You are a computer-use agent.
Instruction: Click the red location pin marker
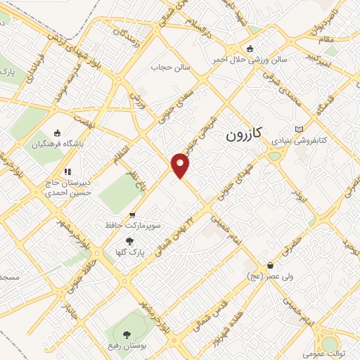181,165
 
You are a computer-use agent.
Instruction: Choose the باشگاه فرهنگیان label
58,144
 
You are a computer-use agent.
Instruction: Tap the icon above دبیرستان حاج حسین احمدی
67,171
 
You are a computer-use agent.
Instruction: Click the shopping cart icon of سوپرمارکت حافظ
131,215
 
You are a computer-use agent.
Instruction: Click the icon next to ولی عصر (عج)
271,266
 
